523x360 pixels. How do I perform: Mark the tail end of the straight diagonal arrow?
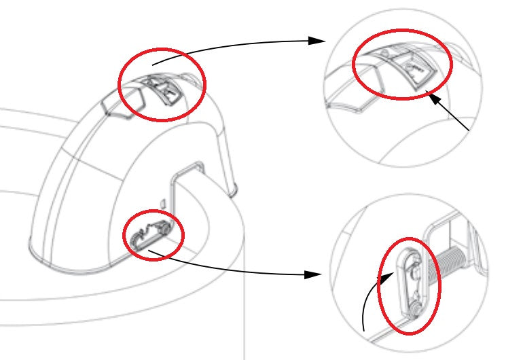point(470,129)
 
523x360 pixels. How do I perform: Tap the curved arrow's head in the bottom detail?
point(392,274)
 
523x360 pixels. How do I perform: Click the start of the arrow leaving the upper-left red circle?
point(154,65)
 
